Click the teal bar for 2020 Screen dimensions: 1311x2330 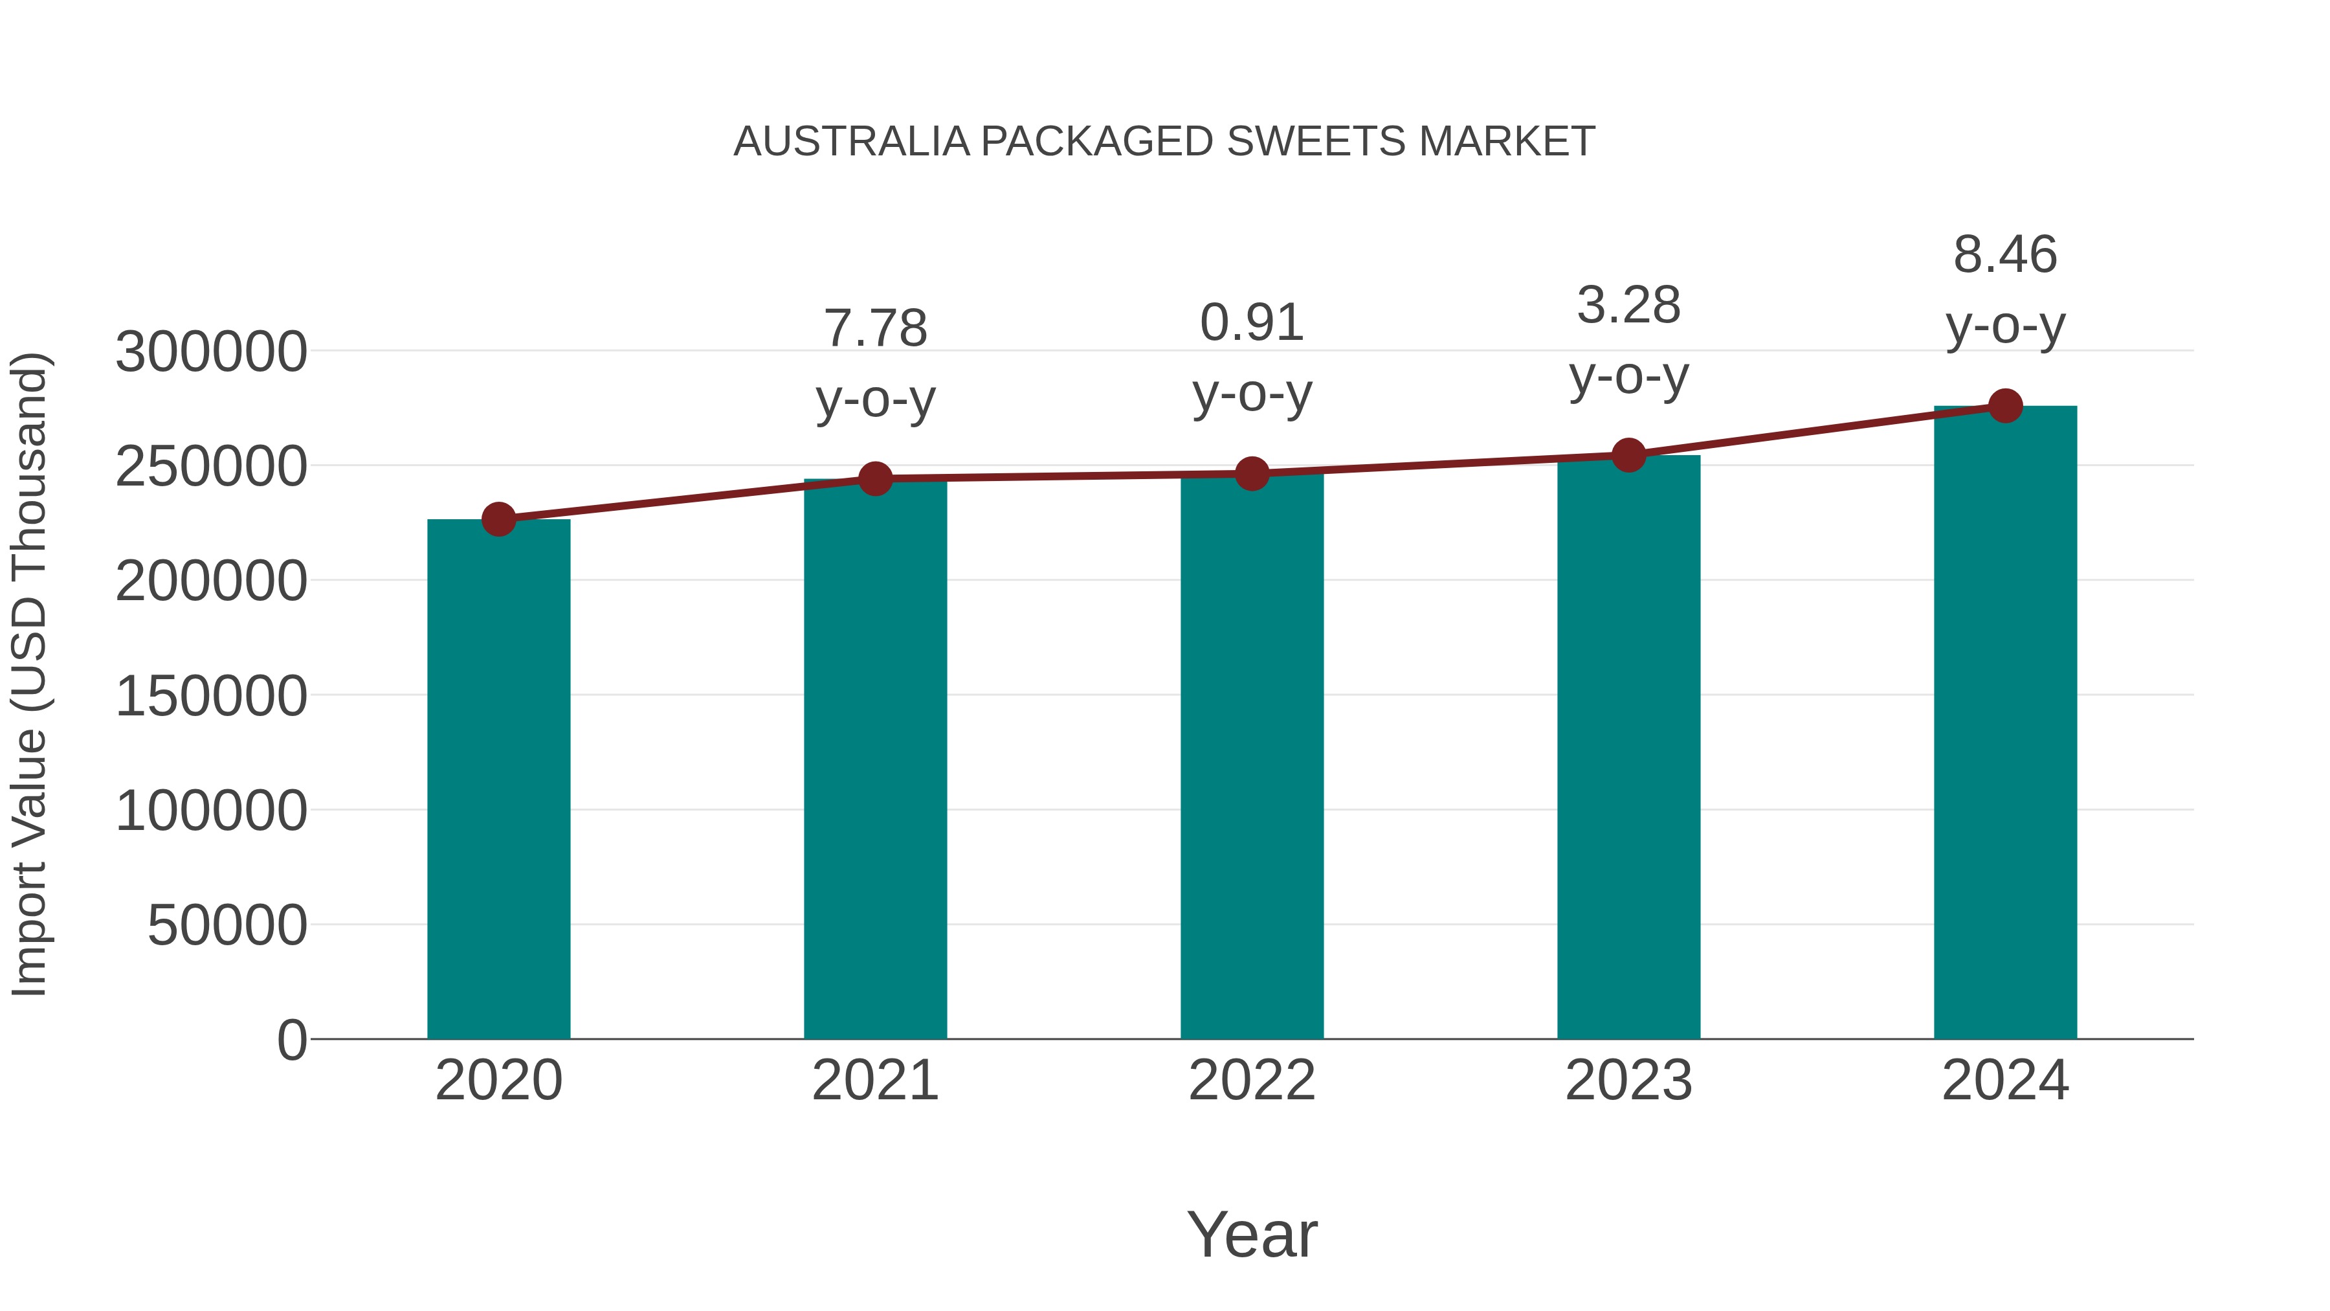(x=498, y=778)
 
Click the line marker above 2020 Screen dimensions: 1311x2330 (x=498, y=519)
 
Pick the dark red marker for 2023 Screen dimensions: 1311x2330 (x=1628, y=455)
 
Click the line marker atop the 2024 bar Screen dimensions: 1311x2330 (x=2005, y=406)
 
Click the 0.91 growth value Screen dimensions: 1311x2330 (x=1252, y=323)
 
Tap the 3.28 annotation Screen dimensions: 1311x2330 (x=1628, y=306)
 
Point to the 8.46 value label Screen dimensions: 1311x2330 (x=2005, y=255)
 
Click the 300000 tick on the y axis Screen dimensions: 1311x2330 (x=211, y=352)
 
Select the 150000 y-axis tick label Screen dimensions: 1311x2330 (x=211, y=697)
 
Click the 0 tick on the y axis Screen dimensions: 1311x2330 (x=291, y=1040)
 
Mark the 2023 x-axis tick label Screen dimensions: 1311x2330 (x=1628, y=1081)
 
